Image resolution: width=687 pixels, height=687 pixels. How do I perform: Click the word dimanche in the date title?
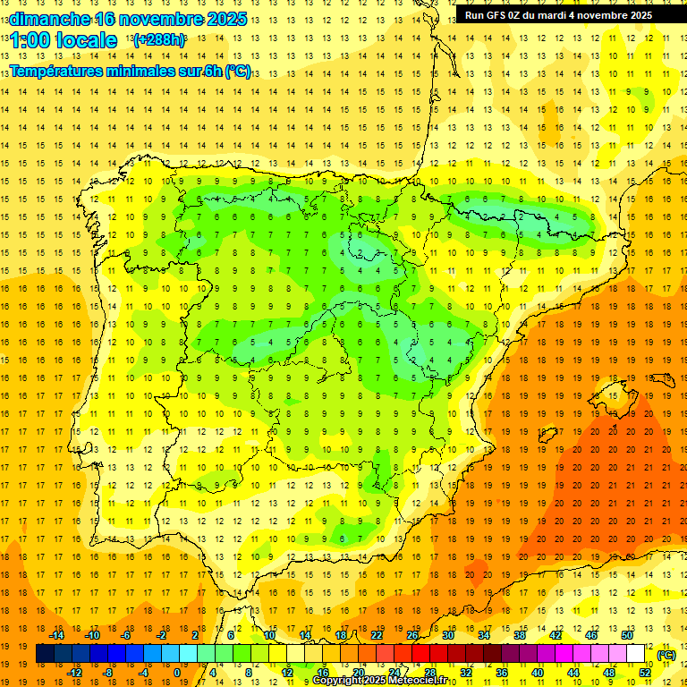(x=48, y=19)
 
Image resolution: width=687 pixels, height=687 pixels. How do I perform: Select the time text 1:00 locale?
(x=64, y=40)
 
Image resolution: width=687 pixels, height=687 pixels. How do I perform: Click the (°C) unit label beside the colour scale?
(x=666, y=655)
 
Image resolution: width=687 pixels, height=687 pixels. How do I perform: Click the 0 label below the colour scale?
(x=177, y=673)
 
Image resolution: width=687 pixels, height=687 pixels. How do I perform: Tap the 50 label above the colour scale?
(x=627, y=635)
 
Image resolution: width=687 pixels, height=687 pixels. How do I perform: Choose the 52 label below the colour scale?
(x=645, y=673)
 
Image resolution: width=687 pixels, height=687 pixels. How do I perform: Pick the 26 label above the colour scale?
(x=412, y=635)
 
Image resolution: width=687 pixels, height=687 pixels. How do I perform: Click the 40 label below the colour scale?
(x=538, y=673)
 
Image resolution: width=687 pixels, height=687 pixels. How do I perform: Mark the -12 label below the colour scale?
(x=74, y=673)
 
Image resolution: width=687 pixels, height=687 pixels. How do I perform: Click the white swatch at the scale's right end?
(x=636, y=654)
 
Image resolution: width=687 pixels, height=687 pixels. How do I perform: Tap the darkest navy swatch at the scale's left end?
(x=45, y=654)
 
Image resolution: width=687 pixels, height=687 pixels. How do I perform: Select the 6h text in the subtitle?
(x=211, y=71)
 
